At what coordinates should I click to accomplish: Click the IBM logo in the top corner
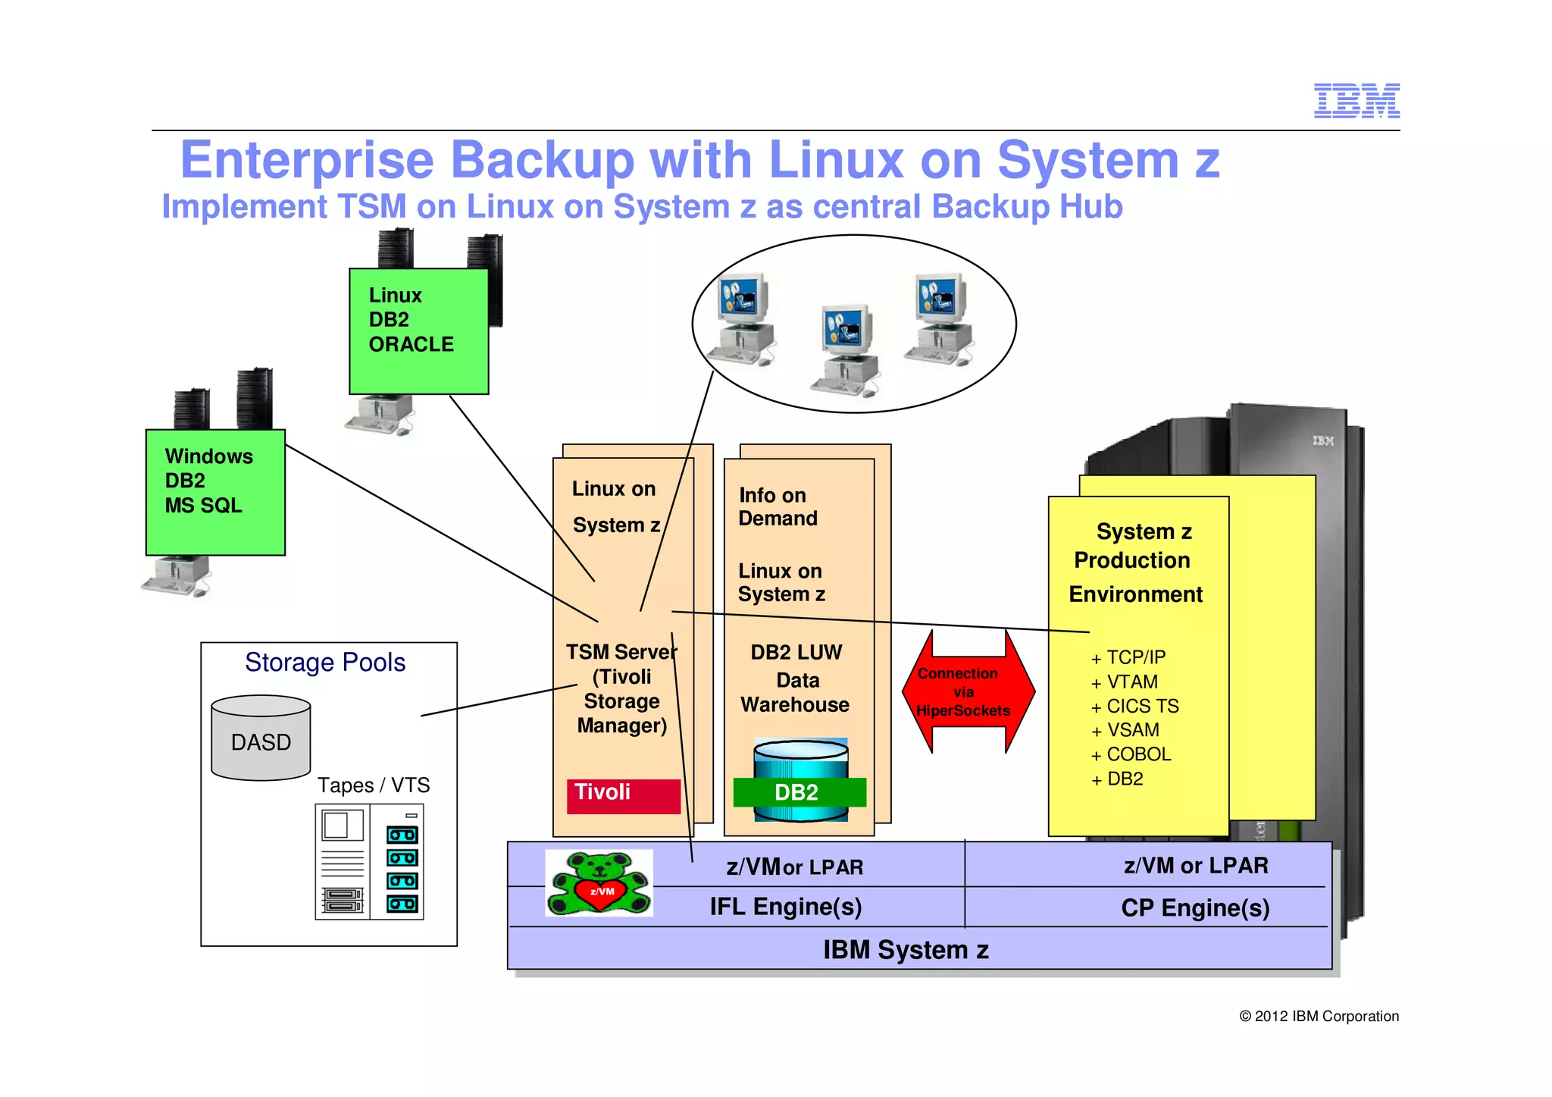(1356, 101)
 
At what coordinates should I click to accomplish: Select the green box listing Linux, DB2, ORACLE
(418, 331)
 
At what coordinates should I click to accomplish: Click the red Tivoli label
(623, 795)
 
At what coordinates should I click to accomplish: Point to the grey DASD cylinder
(261, 738)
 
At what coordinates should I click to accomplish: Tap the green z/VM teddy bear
(599, 883)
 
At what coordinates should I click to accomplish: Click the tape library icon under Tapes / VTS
(369, 862)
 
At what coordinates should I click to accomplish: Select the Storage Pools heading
(325, 663)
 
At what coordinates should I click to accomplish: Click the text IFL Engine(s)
(786, 907)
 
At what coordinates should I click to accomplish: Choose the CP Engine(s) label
(1195, 907)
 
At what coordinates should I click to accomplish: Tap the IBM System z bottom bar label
(906, 950)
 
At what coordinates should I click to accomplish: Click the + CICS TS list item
(1134, 707)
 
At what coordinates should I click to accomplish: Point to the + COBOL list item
(1131, 755)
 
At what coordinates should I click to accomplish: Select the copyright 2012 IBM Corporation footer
(1319, 1016)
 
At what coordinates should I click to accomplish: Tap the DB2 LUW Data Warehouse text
(796, 679)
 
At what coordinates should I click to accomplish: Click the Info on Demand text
(778, 506)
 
